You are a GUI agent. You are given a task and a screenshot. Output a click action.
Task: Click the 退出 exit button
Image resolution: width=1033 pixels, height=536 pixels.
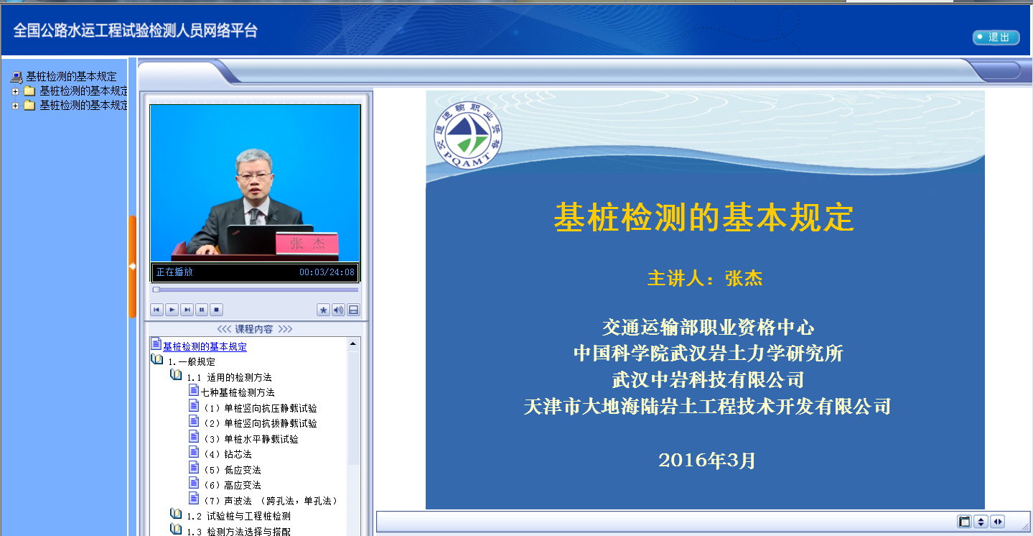(996, 37)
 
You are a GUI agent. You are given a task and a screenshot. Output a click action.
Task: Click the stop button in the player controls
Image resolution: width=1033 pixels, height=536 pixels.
(216, 310)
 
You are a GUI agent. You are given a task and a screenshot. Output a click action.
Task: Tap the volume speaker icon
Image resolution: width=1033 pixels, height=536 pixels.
(338, 310)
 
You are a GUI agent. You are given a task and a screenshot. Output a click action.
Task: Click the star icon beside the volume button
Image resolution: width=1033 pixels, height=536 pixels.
(323, 310)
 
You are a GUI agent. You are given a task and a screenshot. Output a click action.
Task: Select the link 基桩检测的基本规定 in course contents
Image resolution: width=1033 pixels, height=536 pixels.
(205, 346)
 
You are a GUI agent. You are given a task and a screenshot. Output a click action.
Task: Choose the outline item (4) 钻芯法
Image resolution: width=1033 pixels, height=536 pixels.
(228, 454)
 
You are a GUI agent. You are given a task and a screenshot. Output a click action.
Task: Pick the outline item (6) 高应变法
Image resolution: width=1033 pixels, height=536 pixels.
(233, 485)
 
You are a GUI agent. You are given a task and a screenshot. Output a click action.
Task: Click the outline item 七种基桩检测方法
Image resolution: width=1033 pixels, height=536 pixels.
(238, 392)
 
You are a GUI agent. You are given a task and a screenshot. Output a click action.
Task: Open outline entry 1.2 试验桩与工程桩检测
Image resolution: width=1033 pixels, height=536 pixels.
(238, 516)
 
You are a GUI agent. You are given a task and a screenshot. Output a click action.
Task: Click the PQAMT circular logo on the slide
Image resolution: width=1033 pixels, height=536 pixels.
(467, 135)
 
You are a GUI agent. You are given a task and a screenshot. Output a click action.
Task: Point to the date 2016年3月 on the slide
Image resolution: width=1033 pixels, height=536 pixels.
(706, 461)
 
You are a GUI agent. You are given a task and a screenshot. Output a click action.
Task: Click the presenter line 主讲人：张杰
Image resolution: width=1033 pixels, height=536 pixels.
(705, 278)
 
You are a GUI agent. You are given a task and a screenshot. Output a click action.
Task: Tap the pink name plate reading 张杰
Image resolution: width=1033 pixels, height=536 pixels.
(307, 244)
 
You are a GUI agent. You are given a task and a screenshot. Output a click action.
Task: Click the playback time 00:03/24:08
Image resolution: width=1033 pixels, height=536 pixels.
(327, 272)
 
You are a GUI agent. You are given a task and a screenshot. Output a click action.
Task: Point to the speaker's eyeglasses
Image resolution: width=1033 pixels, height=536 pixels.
(254, 175)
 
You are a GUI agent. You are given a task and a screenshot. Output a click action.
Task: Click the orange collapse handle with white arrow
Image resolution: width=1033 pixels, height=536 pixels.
(132, 267)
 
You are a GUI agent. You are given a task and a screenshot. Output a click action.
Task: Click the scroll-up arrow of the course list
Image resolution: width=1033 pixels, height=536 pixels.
(352, 344)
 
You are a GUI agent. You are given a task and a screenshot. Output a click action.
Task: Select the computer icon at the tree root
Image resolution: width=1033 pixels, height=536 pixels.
(17, 77)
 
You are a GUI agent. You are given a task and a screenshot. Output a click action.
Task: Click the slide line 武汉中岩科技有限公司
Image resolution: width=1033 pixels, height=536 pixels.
(708, 380)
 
